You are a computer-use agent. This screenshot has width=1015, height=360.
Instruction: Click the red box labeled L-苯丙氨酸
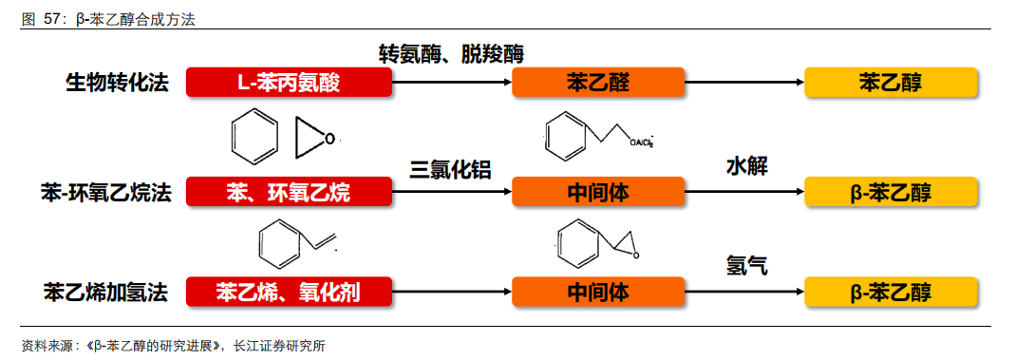pyautogui.click(x=289, y=83)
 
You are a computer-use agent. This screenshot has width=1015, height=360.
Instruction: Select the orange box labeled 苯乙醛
pyautogui.click(x=597, y=83)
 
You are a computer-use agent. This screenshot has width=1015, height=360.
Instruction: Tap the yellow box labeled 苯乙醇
pyautogui.click(x=891, y=83)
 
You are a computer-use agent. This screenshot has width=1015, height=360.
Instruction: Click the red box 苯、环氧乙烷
pyautogui.click(x=289, y=193)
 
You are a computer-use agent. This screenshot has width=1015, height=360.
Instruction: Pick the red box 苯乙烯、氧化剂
pyautogui.click(x=289, y=292)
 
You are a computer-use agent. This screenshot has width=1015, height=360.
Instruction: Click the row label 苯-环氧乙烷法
pyautogui.click(x=107, y=193)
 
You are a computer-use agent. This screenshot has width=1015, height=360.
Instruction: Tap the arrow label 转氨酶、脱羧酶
pyautogui.click(x=452, y=53)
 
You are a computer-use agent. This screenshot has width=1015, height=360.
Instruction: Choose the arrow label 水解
pyautogui.click(x=746, y=166)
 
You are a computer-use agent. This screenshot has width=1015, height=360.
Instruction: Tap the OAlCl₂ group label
pyautogui.click(x=641, y=143)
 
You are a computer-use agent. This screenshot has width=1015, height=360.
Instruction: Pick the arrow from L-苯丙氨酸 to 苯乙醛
pyautogui.click(x=452, y=83)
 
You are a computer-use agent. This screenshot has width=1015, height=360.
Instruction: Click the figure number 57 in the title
pyautogui.click(x=53, y=20)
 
